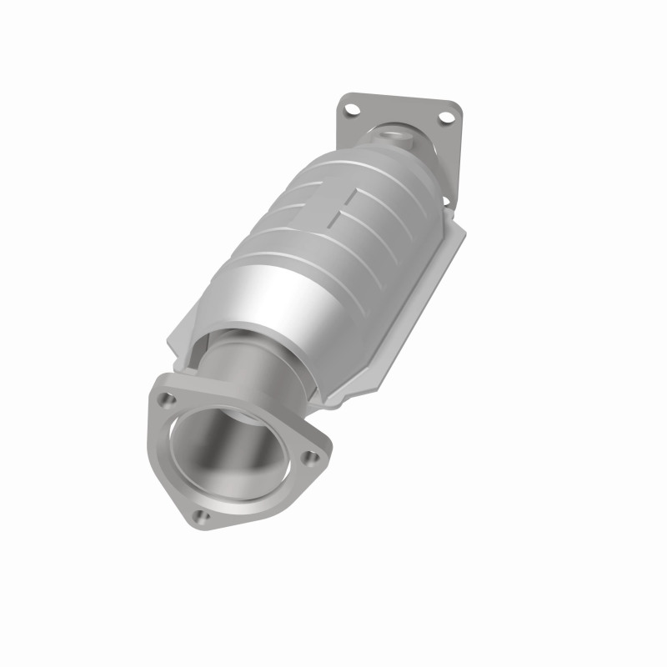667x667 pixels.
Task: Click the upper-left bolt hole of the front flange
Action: [x=168, y=399]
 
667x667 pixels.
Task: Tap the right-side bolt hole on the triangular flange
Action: [x=312, y=456]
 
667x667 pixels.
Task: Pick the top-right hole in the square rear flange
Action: [x=446, y=117]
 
